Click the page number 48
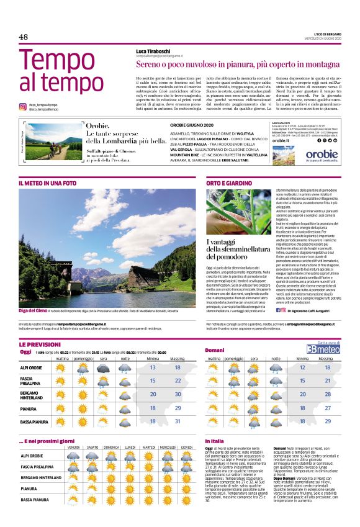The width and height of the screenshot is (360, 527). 24,37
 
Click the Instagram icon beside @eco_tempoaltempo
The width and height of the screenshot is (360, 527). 22,107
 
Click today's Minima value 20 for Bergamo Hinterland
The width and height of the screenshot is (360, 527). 153,394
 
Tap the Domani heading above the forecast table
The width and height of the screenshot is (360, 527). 214,351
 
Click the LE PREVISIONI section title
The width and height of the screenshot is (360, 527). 40,343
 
